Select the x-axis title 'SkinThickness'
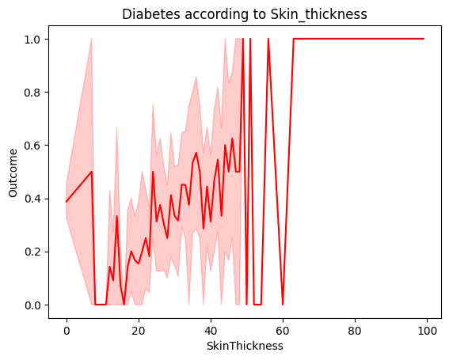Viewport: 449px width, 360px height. [245, 346]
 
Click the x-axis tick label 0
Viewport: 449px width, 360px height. [67, 330]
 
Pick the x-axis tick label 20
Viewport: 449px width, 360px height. [139, 330]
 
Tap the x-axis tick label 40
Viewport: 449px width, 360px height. [211, 330]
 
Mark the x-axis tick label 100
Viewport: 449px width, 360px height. [427, 330]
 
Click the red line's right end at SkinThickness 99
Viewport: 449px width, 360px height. [424, 39]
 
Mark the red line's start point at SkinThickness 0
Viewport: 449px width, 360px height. [67, 202]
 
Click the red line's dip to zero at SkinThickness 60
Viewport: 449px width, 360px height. [283, 305]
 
